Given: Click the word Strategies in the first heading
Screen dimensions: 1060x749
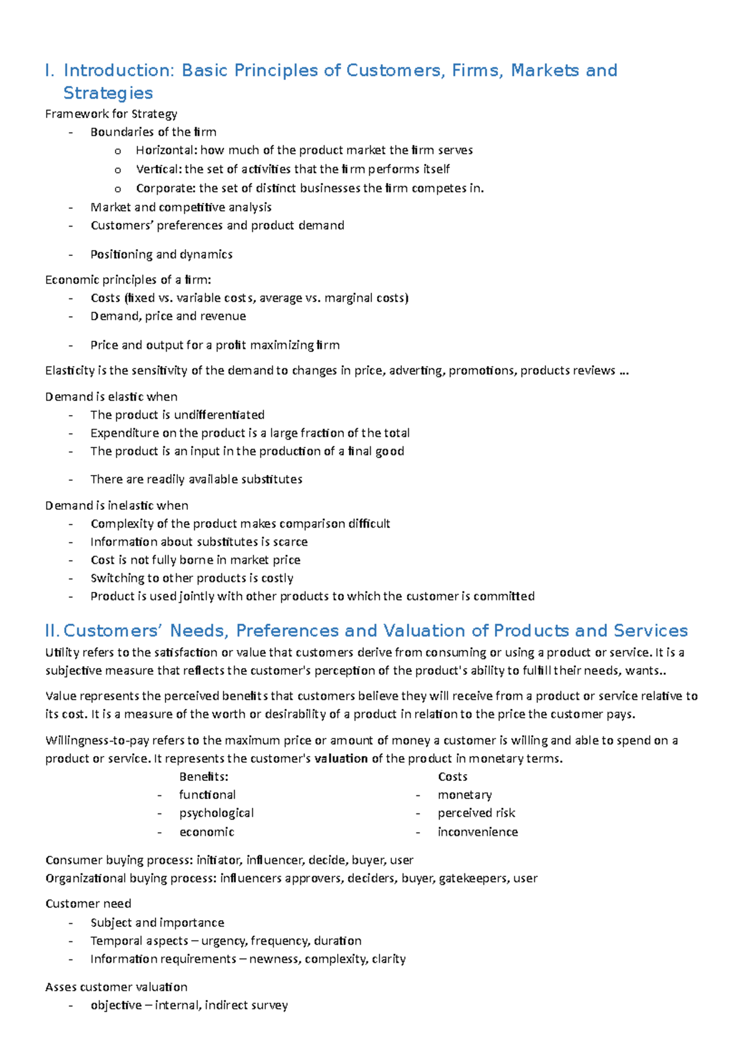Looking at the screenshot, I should pyautogui.click(x=108, y=93).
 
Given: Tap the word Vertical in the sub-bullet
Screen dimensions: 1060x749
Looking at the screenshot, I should pyautogui.click(x=159, y=169).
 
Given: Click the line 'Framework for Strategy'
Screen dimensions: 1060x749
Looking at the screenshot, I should pyautogui.click(x=111, y=114).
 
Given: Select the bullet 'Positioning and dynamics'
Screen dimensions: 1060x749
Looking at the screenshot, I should pyautogui.click(x=161, y=254).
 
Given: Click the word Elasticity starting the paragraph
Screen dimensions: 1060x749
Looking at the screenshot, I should pyautogui.click(x=70, y=370).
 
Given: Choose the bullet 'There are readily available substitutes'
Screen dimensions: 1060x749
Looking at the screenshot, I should pyautogui.click(x=196, y=479).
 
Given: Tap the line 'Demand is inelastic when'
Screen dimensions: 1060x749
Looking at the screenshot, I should pyautogui.click(x=117, y=505).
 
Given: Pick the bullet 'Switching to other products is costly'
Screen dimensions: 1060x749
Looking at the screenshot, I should pyautogui.click(x=192, y=577).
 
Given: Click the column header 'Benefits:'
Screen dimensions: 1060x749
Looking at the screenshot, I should pyautogui.click(x=203, y=777).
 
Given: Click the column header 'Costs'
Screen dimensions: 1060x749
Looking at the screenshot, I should pyautogui.click(x=453, y=777).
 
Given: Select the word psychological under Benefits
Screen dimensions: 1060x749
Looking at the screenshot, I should pyautogui.click(x=216, y=813).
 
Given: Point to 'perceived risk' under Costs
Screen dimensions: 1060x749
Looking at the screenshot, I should pyautogui.click(x=476, y=813).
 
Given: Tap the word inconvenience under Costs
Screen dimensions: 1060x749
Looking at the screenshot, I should pyautogui.click(x=477, y=832).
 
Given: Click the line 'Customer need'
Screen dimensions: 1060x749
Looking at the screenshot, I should pyautogui.click(x=88, y=903).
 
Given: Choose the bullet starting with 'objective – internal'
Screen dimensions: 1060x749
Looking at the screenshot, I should pyautogui.click(x=188, y=1005).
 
